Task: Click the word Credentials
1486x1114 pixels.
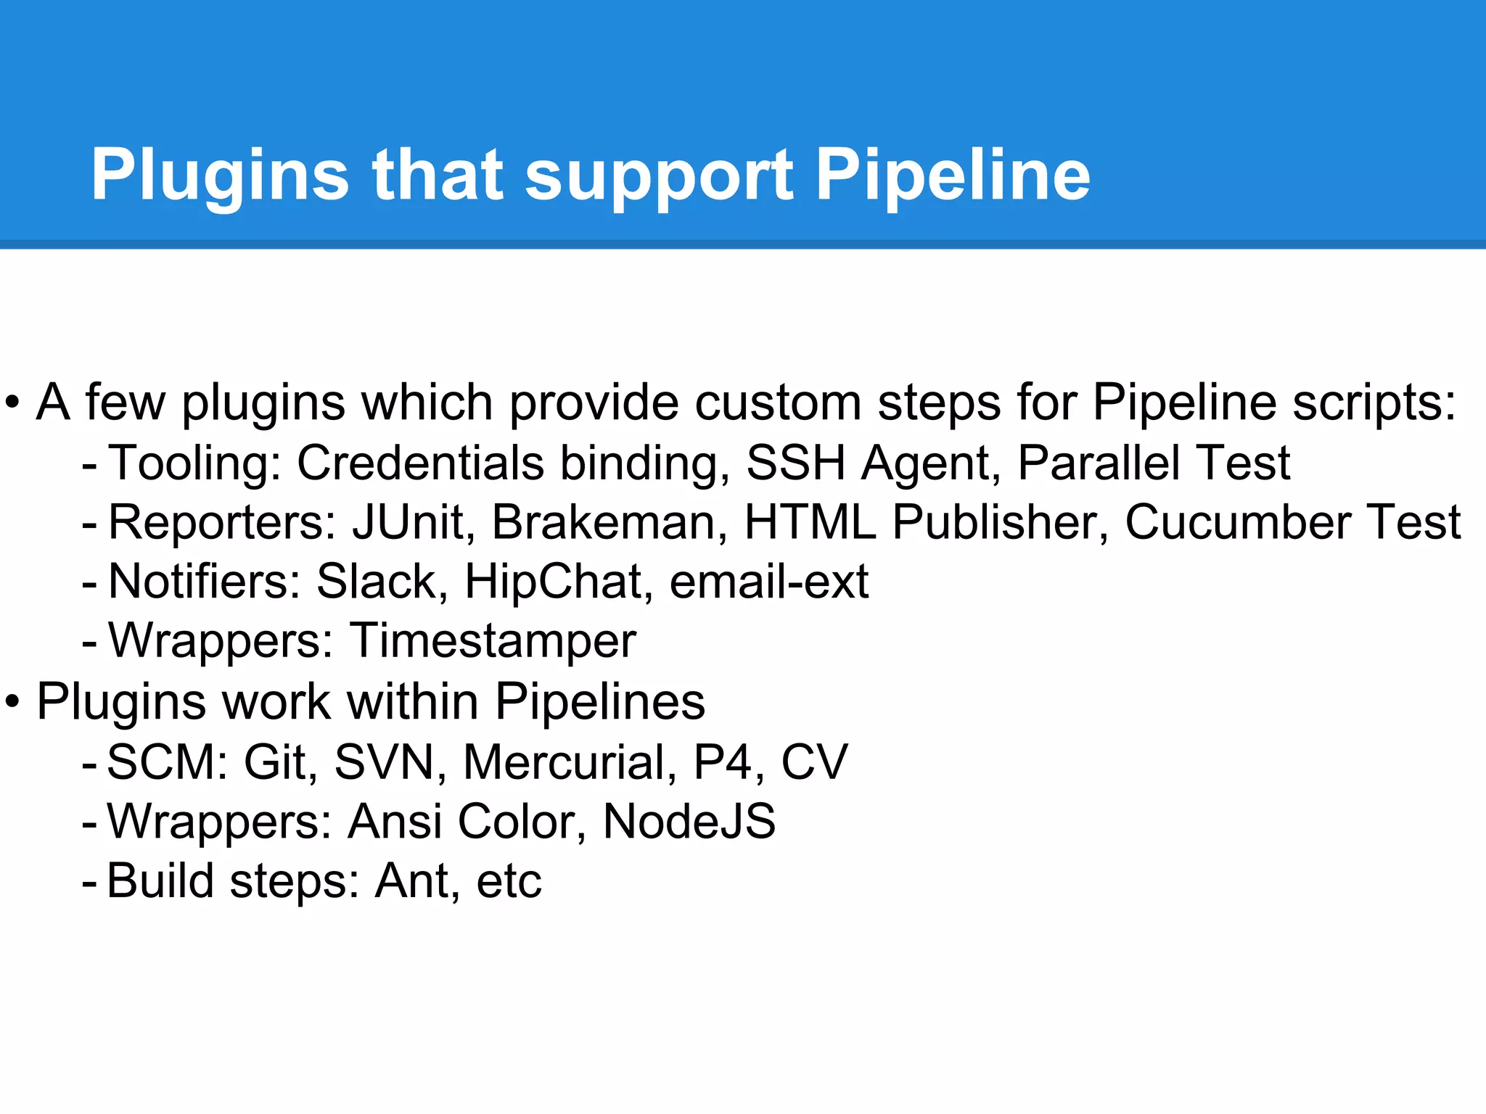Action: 420,462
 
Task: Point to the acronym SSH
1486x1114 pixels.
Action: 795,462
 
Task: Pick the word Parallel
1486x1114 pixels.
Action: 1099,462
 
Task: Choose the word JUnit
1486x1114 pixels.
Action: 409,521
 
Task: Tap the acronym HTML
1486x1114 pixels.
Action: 810,521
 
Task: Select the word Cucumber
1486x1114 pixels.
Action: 1238,521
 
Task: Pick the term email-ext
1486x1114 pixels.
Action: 769,581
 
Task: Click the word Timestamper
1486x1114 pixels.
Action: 493,640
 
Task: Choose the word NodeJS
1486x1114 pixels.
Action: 689,821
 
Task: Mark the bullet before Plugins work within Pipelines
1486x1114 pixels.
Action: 12,702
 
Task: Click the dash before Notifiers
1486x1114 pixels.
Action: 89,582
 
